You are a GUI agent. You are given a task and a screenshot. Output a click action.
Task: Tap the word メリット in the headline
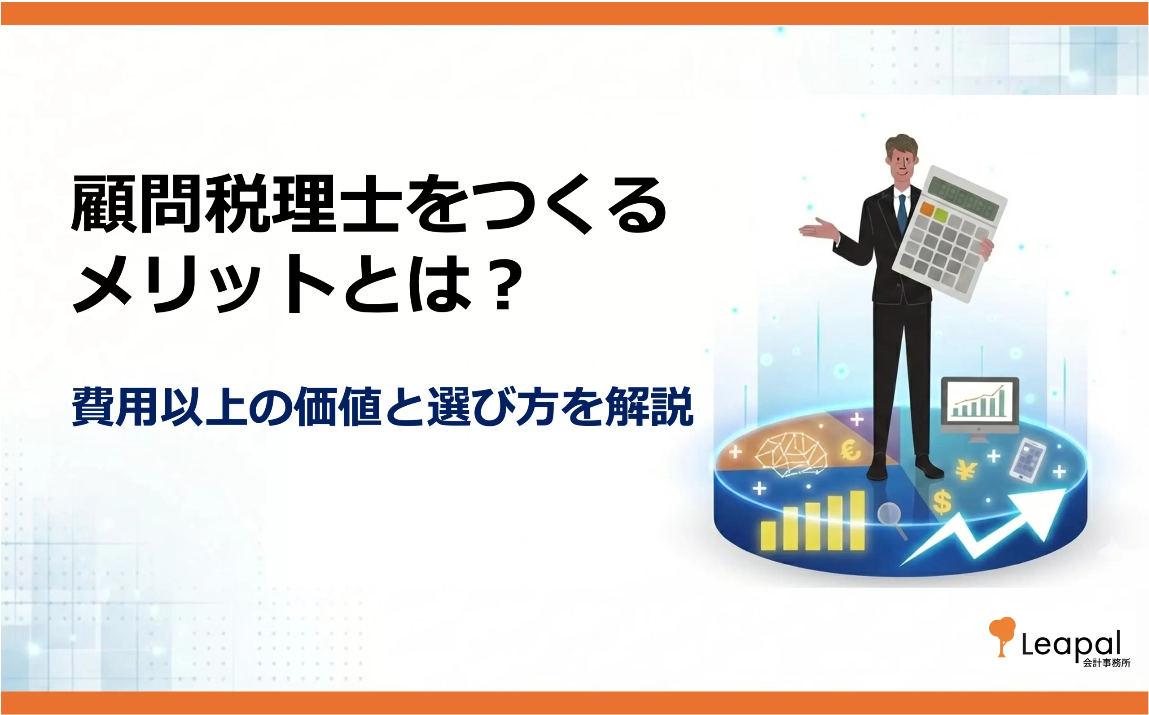[203, 284]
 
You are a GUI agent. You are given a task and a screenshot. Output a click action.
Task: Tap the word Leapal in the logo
[1070, 643]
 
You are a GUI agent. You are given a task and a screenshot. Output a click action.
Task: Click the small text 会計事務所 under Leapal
[1106, 663]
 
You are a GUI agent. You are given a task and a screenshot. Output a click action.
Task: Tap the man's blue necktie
[902, 213]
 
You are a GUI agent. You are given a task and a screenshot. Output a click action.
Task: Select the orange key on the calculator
[927, 209]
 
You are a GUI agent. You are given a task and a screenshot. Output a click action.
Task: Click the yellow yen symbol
[965, 469]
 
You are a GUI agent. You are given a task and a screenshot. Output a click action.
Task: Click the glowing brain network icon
[790, 454]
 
